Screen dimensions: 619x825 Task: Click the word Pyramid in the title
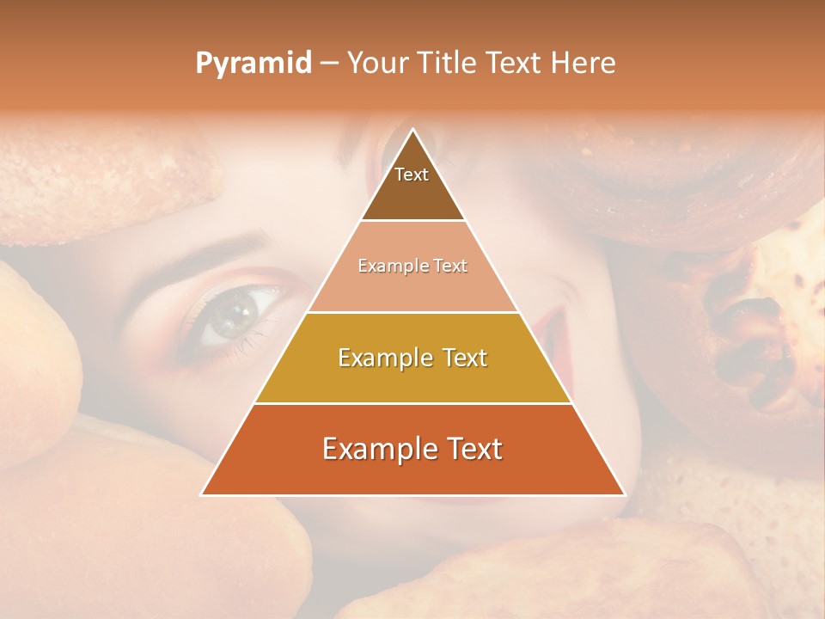(x=254, y=64)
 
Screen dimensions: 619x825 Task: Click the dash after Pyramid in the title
(x=329, y=64)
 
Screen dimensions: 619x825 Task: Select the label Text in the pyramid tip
(x=412, y=175)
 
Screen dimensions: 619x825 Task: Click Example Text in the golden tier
(x=412, y=358)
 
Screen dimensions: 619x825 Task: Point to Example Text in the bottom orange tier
(x=412, y=449)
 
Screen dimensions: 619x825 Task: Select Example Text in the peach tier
(x=412, y=267)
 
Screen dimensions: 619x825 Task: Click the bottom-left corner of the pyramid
(x=202, y=494)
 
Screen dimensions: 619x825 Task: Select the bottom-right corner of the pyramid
(x=624, y=494)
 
